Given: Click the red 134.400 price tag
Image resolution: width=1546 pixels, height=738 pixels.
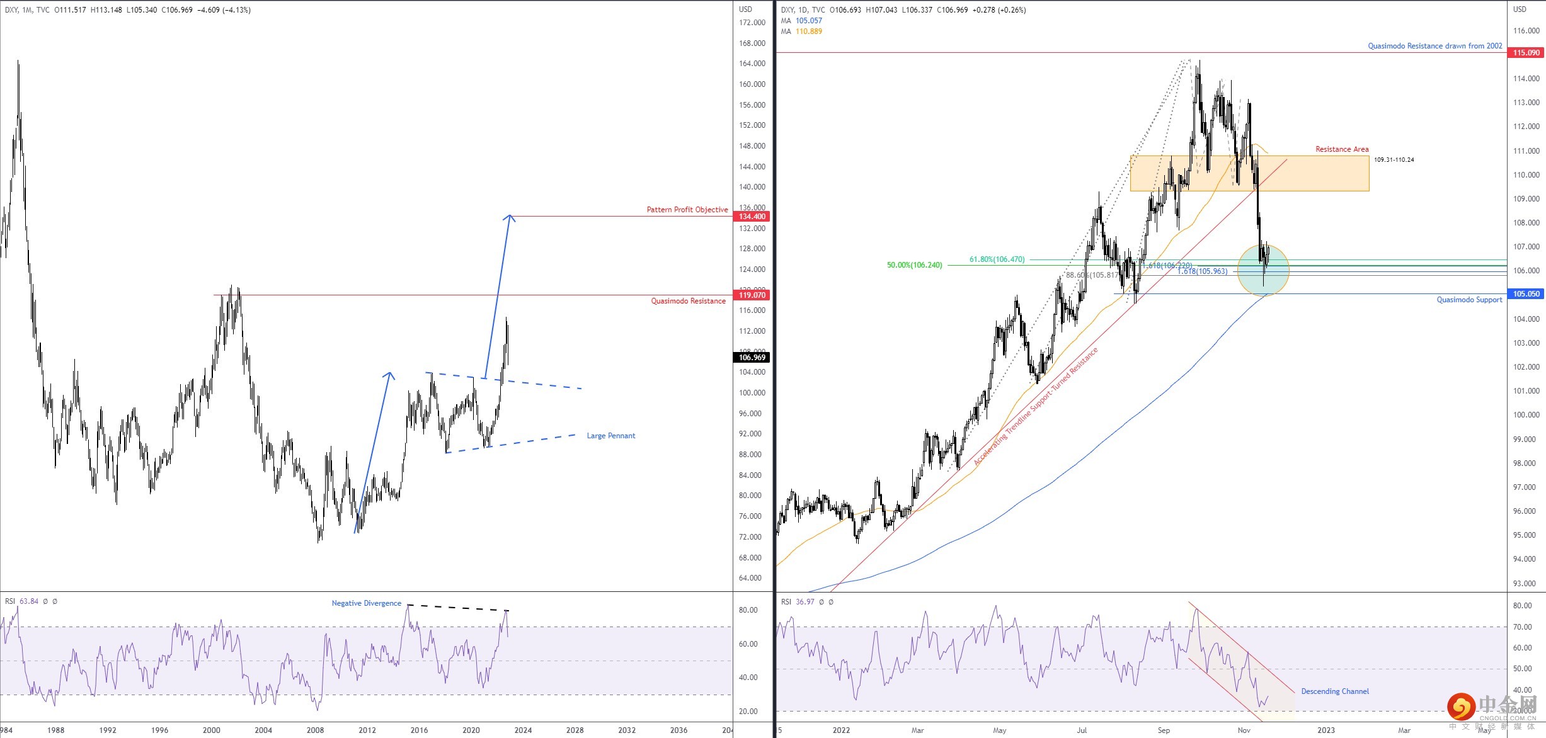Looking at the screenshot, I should point(752,217).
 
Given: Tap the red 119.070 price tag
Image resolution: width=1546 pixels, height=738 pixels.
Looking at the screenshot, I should point(752,295).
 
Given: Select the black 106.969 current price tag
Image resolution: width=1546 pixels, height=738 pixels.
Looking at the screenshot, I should point(752,358).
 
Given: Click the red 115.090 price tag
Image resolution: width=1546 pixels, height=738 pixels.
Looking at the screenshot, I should point(1526,53).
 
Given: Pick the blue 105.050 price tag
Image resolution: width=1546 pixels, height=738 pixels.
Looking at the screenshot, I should point(1526,294).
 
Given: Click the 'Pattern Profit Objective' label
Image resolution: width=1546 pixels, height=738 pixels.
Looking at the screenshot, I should point(687,210).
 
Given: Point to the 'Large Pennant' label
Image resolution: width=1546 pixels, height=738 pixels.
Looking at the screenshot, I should point(610,436).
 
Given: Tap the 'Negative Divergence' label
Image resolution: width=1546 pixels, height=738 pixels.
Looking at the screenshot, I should point(366,603).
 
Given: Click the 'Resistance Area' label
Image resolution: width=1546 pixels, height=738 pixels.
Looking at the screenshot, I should point(1342,149).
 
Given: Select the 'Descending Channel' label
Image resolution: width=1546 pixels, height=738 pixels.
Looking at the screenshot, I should point(1335,691).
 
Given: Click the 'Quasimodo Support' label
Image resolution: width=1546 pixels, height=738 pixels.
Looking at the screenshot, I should point(1469,300).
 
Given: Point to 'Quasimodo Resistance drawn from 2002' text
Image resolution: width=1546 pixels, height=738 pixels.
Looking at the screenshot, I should point(1434,46).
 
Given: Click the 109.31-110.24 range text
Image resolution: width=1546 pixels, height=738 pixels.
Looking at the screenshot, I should point(1394,160).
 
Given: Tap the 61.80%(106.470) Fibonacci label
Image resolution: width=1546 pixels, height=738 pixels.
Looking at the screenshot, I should point(997,259).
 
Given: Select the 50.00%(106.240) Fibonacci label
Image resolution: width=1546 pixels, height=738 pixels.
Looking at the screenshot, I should point(914,265).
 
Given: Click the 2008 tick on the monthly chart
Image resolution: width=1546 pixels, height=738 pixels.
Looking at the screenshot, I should point(315,730).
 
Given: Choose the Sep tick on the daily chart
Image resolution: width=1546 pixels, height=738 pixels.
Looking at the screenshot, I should point(1164,730).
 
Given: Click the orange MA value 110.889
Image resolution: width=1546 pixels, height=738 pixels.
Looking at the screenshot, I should point(808,31).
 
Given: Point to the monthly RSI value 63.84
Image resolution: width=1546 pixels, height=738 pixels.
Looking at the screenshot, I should point(29,601).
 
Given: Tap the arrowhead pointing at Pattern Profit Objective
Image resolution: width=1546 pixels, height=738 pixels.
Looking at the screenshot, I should point(510,218).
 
